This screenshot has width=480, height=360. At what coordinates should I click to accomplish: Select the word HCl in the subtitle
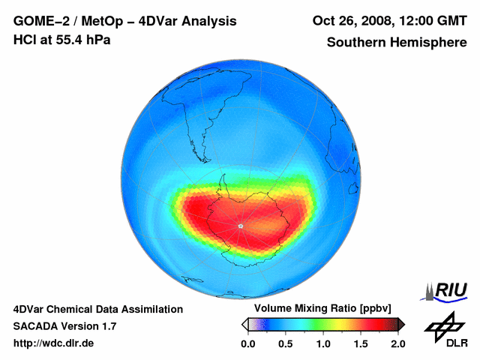coord(24,40)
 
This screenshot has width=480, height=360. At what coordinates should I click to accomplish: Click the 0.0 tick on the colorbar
coord(247,343)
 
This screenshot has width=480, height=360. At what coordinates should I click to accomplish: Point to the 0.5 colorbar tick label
coord(285,343)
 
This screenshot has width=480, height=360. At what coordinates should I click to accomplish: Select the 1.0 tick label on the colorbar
coord(322,343)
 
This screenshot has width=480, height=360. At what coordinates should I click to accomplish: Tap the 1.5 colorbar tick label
coord(360,343)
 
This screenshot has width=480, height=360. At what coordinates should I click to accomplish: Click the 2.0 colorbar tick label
coord(397,343)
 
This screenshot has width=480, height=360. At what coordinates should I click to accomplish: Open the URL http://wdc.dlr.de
coord(54,343)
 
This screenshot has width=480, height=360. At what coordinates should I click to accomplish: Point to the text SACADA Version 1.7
coord(64,326)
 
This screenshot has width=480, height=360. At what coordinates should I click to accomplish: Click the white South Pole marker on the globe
coord(240,226)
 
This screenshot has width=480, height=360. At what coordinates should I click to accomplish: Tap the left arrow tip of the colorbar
coord(244,324)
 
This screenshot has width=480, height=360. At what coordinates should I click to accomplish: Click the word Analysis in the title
coord(202,20)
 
